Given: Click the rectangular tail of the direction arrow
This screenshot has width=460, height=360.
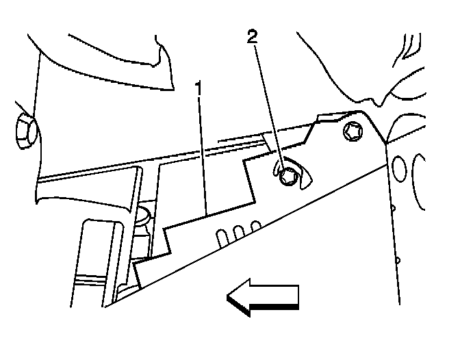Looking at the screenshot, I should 281,296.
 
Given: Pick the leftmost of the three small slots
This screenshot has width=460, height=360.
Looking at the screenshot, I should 221,237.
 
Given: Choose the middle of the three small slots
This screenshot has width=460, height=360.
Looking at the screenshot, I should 238,231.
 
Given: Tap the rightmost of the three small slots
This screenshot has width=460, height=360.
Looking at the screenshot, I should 255,225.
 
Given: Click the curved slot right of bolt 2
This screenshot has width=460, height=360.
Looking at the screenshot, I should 307,177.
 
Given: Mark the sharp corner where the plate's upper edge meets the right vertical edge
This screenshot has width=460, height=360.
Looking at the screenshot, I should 385,142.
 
